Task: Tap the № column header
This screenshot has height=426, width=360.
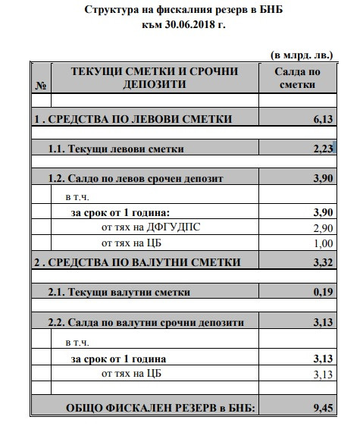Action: pyautogui.click(x=40, y=85)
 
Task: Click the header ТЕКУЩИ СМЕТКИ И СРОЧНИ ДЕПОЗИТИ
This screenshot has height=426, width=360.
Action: pyautogui.click(x=155, y=77)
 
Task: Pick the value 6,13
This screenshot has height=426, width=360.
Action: pyautogui.click(x=323, y=119)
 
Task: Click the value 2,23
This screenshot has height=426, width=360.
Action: pyautogui.click(x=323, y=149)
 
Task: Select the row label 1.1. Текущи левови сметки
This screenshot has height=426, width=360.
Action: pyautogui.click(x=116, y=149)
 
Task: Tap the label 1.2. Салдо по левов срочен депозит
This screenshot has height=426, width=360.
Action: pyautogui.click(x=136, y=179)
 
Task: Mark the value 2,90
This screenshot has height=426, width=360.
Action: pyautogui.click(x=323, y=227)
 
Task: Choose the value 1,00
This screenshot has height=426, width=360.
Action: pyautogui.click(x=323, y=243)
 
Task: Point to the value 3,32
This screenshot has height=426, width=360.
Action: pyautogui.click(x=323, y=262)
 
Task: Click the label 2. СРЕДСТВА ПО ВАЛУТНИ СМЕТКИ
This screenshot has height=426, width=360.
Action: pyautogui.click(x=136, y=262)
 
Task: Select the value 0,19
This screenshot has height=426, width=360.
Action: pyautogui.click(x=323, y=293)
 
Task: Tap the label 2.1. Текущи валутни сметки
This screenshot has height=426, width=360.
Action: pyautogui.click(x=119, y=293)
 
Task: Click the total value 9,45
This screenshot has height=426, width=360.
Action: pyautogui.click(x=323, y=409)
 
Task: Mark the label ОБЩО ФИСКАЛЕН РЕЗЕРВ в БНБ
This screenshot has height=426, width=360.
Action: pyautogui.click(x=161, y=409)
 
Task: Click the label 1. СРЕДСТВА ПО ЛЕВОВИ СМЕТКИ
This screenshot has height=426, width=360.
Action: pyautogui.click(x=132, y=119)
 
